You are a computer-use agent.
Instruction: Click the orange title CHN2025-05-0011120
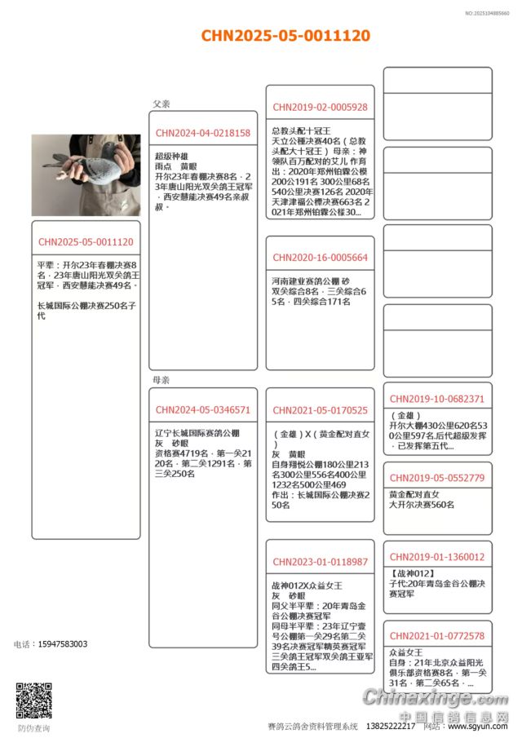point(285,36)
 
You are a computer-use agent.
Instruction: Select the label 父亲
point(161,104)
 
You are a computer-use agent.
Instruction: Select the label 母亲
point(161,380)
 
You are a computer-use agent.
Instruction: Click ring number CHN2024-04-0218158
point(203,133)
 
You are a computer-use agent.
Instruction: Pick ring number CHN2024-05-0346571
point(203,410)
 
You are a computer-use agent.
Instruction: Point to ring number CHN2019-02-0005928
point(320,107)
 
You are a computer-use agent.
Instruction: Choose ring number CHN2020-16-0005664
point(320,258)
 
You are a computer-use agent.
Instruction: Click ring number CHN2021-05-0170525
point(320,410)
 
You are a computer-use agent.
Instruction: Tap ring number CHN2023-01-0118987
point(320,562)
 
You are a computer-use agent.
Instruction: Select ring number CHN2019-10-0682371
point(437,400)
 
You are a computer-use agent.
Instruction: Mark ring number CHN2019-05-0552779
point(437,478)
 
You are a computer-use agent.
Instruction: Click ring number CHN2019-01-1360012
point(437,557)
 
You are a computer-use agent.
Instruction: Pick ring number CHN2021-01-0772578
point(437,635)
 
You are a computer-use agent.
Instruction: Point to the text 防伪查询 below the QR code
point(33,728)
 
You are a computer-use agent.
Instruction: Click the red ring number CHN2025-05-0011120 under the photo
point(86,242)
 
